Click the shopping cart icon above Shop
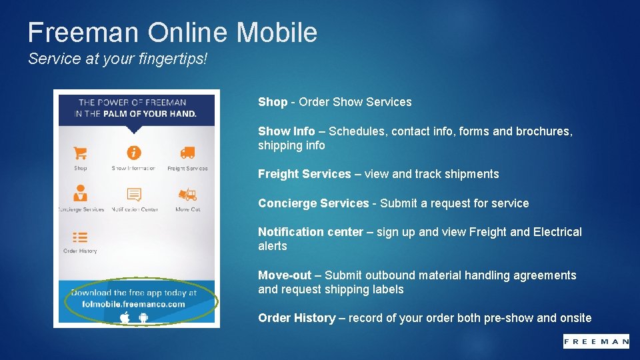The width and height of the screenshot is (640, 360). tap(81, 153)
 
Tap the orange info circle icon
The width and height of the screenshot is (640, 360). tap(134, 153)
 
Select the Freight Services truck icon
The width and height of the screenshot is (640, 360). tap(187, 153)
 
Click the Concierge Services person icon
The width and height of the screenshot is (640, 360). tap(81, 194)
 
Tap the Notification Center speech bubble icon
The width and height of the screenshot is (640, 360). tap(134, 195)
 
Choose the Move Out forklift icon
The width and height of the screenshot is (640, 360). tap(187, 195)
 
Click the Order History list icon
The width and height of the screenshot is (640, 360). tap(80, 237)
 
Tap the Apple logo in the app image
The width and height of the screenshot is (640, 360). tap(125, 317)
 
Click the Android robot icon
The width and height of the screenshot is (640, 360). tap(143, 317)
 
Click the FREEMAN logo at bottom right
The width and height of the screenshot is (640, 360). tap(595, 341)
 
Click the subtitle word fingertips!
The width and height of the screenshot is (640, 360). tap(175, 59)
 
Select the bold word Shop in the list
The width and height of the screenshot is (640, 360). tap(272, 102)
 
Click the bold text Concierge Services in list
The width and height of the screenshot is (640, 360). tap(313, 203)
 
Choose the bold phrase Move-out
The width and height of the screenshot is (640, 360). tap(284, 275)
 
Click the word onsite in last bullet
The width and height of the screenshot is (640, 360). tap(575, 318)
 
